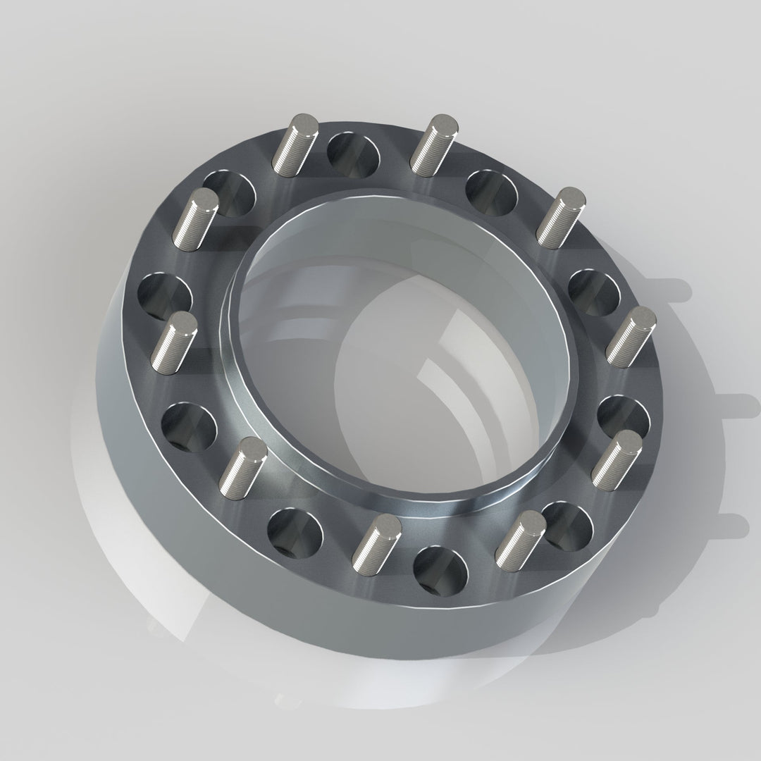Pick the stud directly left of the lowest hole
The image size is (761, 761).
pos(375,543)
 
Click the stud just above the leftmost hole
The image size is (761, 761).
pos(195,218)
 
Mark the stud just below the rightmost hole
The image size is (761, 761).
pos(617,459)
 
